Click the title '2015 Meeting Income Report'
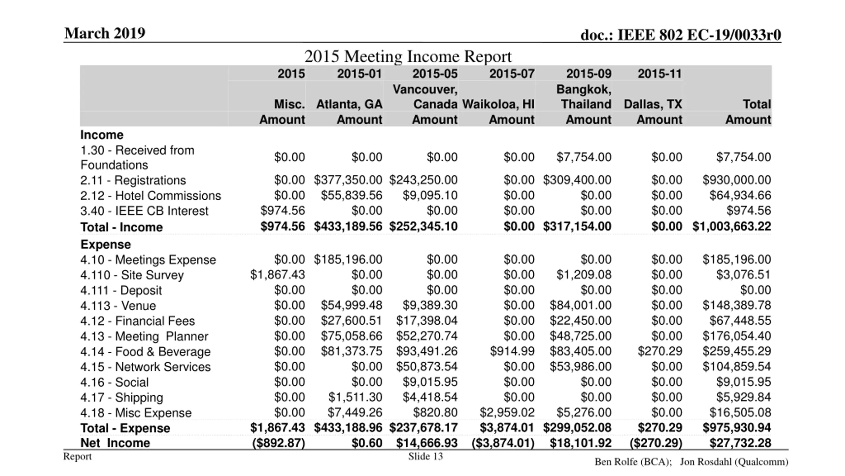[x=408, y=56]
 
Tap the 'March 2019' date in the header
[x=105, y=33]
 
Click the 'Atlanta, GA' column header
[x=349, y=104]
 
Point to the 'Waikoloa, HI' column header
[x=498, y=104]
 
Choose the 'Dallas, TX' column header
[x=653, y=104]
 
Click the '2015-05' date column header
[x=435, y=74]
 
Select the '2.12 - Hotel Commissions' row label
[x=151, y=196]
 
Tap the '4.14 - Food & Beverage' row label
[x=145, y=352]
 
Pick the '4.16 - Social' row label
[x=114, y=382]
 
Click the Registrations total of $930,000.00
[x=736, y=180]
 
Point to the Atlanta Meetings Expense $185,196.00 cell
[x=348, y=259]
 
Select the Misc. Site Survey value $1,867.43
[x=277, y=275]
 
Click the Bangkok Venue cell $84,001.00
[x=580, y=305]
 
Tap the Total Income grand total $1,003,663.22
[x=731, y=226]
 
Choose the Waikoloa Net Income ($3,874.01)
[x=503, y=443]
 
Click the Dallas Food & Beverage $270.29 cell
[x=659, y=351]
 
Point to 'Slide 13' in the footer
[x=425, y=456]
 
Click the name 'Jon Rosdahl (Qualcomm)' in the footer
[x=734, y=462]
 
